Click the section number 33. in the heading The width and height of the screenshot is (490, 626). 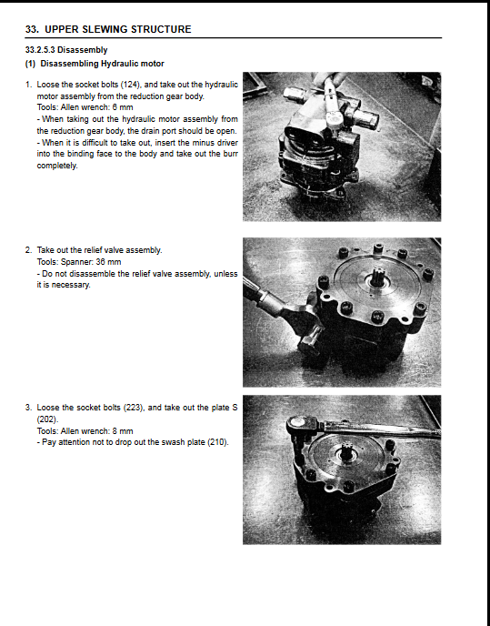point(32,29)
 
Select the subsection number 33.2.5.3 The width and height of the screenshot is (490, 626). point(40,50)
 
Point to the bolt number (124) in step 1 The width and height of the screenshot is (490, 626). point(131,85)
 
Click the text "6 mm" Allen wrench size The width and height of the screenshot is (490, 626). point(123,107)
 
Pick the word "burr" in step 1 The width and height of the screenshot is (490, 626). point(231,154)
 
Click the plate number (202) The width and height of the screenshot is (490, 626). point(47,419)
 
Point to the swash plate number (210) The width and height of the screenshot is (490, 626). point(218,442)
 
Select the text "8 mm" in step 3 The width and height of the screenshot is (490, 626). point(123,431)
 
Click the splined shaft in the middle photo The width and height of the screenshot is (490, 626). point(377,276)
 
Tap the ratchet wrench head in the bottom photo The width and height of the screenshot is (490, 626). point(301,424)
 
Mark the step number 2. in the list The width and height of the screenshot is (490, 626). point(28,250)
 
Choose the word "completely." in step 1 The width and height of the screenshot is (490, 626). point(57,166)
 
